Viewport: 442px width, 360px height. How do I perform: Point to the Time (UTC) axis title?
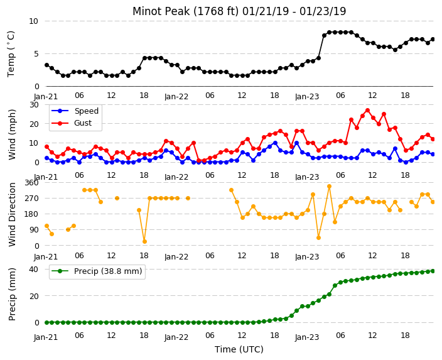click(239, 349)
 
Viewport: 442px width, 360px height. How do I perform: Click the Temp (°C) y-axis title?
click(11, 53)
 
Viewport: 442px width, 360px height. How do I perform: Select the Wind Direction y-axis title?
click(12, 214)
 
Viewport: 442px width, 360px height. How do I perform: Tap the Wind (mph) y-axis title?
click(12, 134)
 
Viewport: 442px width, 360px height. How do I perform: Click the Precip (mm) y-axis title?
click(12, 294)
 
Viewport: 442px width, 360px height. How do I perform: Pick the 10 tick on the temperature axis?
click(33, 21)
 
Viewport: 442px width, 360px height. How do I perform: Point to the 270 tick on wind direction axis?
click(31, 199)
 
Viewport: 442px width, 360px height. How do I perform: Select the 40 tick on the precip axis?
click(33, 269)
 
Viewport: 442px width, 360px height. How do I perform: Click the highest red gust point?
click(367, 111)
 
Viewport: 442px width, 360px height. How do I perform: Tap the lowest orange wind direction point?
click(144, 241)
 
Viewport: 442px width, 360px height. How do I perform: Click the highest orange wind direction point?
click(329, 186)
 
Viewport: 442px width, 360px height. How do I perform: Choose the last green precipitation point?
click(433, 271)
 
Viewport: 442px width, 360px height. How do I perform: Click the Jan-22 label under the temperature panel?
click(176, 97)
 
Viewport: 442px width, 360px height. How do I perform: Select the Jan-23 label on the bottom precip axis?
click(307, 337)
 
